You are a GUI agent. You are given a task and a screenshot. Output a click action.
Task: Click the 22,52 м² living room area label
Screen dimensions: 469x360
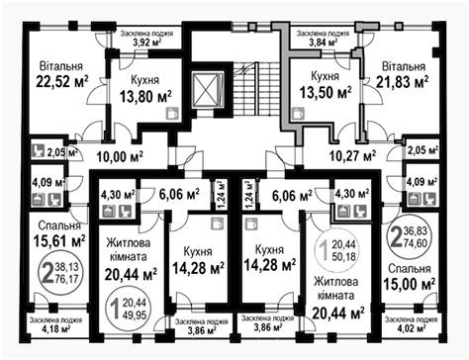coord(62,82)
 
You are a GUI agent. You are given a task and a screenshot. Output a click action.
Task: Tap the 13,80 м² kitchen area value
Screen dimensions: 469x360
coord(145,97)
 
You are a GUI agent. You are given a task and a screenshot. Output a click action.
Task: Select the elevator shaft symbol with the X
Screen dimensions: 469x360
coord(206,90)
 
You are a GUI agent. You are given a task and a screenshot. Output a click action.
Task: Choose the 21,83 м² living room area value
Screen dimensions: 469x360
coord(403,81)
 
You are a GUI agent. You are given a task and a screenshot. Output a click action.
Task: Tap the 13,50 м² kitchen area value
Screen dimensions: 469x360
coord(326,93)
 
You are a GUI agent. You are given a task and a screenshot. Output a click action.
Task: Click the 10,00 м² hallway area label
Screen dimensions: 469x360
coord(120,156)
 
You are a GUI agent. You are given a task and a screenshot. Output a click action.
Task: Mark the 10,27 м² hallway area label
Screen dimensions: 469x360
coord(353,155)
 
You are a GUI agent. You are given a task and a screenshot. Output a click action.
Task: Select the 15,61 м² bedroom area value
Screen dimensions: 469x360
coord(59,240)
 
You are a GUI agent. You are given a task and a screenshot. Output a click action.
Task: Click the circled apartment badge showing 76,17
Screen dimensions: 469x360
coord(62,273)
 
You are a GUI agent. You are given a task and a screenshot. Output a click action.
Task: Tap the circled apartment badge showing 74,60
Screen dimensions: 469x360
coord(410,237)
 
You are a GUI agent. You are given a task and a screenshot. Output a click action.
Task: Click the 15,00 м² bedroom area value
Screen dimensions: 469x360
coord(410,283)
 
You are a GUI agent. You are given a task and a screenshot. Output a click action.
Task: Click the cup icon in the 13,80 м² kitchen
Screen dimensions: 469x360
coord(172,113)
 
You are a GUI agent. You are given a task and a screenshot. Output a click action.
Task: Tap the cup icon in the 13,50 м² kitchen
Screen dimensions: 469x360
coord(299,113)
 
